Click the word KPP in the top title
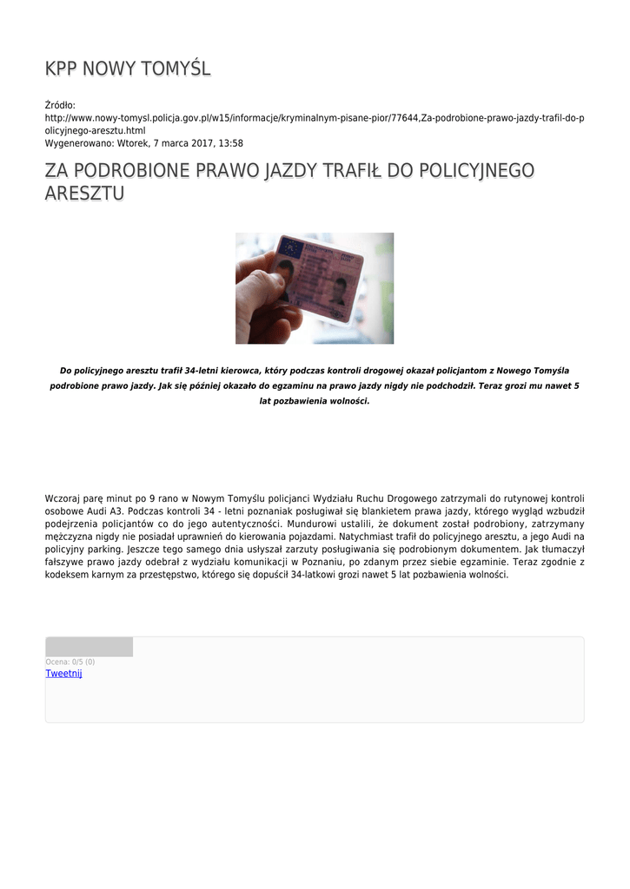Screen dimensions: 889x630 point(61,69)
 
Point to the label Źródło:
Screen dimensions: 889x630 point(61,105)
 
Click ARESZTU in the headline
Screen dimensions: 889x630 point(84,193)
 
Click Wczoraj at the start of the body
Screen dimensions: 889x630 point(66,498)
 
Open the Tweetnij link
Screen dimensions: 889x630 point(63,674)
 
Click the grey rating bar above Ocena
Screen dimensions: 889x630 point(89,647)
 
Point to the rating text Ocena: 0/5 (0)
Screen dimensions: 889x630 point(70,662)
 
